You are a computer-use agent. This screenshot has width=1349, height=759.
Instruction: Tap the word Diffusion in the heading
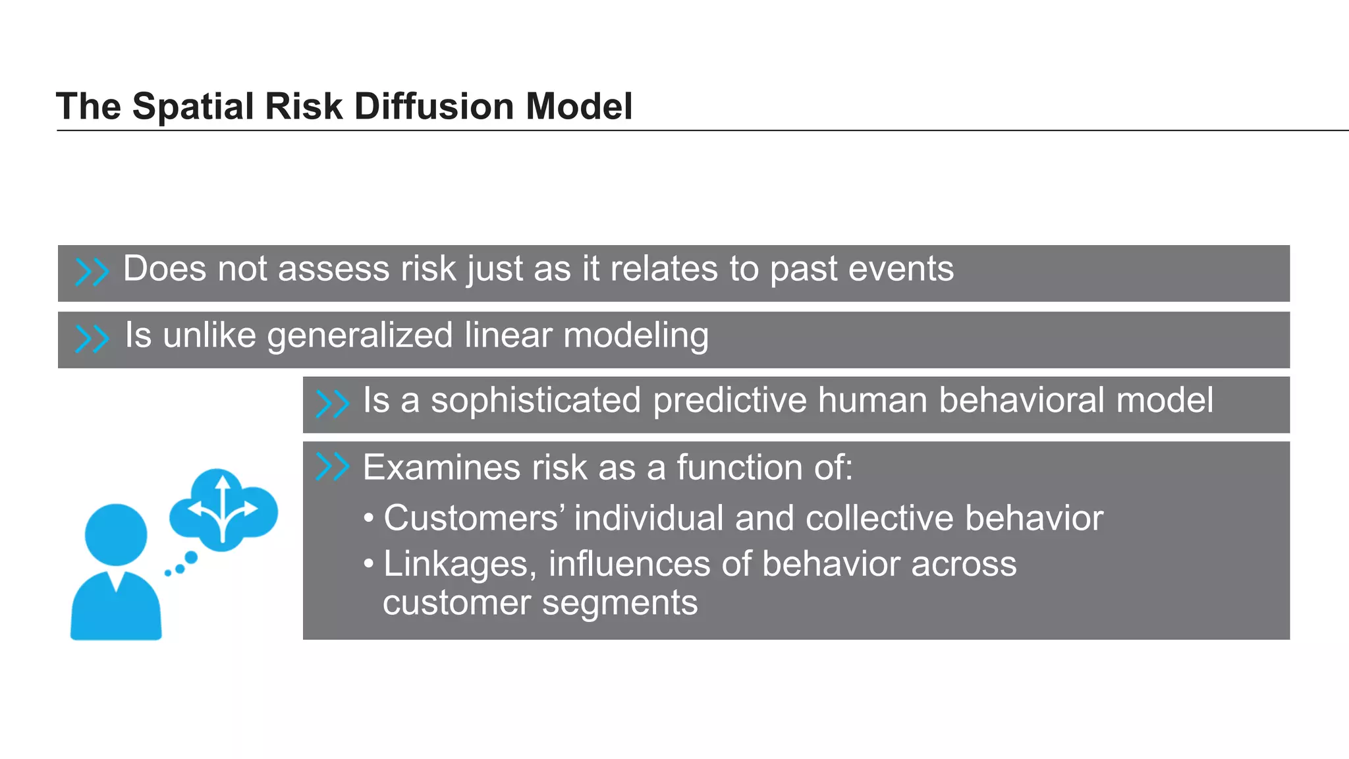pos(433,107)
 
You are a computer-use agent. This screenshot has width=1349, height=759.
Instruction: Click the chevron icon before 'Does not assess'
pos(92,271)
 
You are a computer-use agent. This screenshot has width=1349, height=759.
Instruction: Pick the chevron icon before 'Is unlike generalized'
pos(92,339)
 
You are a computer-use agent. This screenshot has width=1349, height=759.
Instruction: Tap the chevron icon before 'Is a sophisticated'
pos(332,404)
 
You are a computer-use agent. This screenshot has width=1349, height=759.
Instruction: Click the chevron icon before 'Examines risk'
pos(332,466)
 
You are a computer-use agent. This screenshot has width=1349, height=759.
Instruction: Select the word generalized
pos(360,336)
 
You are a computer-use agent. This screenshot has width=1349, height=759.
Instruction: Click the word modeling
pos(636,336)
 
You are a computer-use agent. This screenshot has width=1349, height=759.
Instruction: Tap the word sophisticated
pos(536,401)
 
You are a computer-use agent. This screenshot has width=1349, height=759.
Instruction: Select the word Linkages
pos(460,565)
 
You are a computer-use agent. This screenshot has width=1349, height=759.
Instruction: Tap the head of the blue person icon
pos(116,534)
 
